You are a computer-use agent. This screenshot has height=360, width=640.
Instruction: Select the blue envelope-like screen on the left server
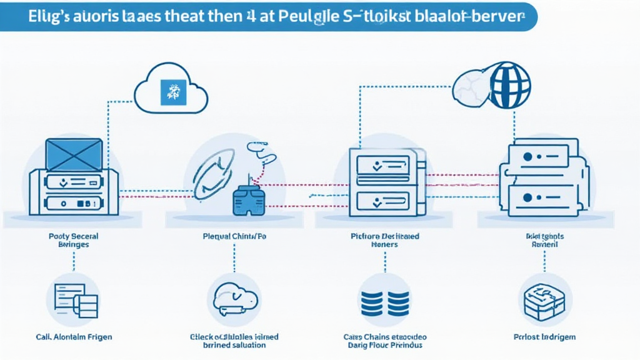(x=74, y=154)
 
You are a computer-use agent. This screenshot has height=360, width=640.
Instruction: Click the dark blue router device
(x=249, y=199)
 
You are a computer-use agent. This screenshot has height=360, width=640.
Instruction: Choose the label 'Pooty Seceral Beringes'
(x=73, y=241)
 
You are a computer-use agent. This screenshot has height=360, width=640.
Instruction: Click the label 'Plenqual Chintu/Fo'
(x=234, y=237)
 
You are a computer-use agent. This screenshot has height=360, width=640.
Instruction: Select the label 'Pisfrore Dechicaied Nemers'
(x=384, y=241)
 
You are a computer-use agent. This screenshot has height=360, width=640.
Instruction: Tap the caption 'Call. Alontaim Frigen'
(x=74, y=337)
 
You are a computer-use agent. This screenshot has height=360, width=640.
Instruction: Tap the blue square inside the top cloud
(x=170, y=91)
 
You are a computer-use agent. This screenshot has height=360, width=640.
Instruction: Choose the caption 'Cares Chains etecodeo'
(x=384, y=337)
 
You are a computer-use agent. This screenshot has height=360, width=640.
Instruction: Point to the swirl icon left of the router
(x=212, y=173)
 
